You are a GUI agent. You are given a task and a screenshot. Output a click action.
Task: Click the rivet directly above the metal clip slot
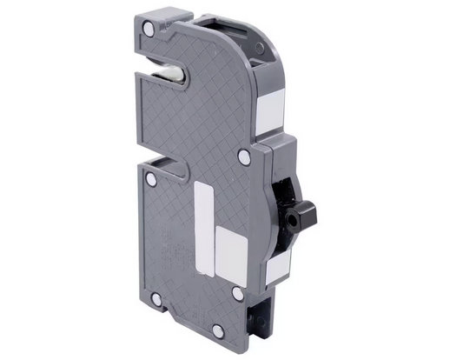[148, 30]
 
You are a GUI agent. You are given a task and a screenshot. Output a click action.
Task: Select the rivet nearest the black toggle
[244, 157]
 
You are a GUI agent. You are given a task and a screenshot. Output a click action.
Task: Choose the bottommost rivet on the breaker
[157, 299]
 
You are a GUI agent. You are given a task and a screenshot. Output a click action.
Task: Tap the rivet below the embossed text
[157, 299]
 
